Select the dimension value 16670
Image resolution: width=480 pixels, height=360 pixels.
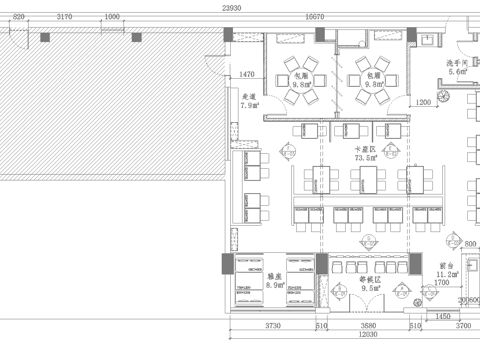point(314,18)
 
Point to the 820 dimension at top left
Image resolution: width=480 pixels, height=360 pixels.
point(19,18)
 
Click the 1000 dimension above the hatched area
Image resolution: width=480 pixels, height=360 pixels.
point(112,18)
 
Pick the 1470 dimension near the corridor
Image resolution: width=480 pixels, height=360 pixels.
point(249,74)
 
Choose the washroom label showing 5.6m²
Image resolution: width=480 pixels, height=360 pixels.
point(459,67)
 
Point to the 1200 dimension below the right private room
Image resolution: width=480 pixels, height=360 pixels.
point(423,102)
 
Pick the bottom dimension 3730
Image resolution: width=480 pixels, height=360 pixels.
point(271,326)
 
